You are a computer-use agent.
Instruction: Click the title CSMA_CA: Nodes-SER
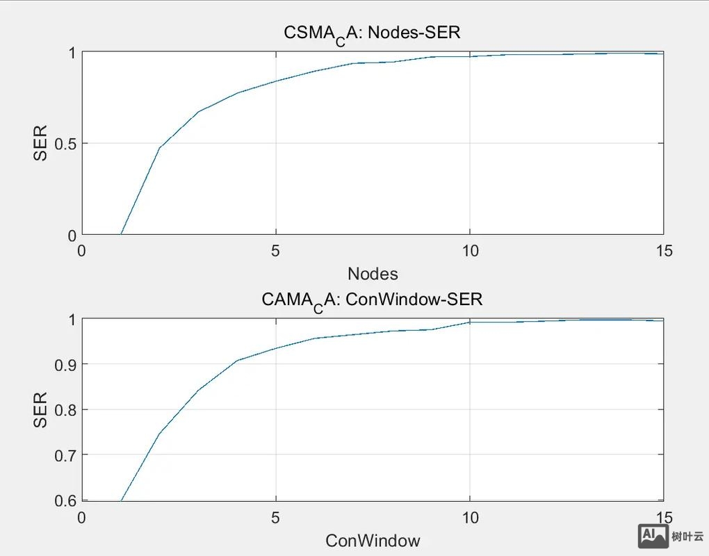tap(372, 33)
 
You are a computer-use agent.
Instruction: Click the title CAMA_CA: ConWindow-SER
tap(372, 300)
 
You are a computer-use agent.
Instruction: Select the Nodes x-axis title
tap(373, 273)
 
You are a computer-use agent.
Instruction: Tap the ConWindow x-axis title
tap(373, 540)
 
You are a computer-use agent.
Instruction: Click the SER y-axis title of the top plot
tap(41, 143)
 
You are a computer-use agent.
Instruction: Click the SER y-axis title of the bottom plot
tap(41, 410)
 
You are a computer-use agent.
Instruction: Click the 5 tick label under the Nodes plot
tap(276, 250)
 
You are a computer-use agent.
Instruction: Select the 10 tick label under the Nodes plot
tap(470, 250)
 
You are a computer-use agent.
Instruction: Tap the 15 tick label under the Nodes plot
tap(664, 250)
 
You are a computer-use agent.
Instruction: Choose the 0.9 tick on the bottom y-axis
tap(63, 365)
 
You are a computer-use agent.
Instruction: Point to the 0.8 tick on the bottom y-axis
tap(63, 410)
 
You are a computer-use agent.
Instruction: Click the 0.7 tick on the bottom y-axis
tap(63, 455)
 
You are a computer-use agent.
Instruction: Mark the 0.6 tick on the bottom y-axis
tap(63, 500)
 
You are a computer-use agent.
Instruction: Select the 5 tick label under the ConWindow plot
tap(276, 518)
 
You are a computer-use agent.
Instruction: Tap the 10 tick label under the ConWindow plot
tap(470, 518)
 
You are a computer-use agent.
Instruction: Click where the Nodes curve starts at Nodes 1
tap(121, 234)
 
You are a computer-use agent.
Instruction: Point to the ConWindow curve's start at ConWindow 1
tap(121, 500)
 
